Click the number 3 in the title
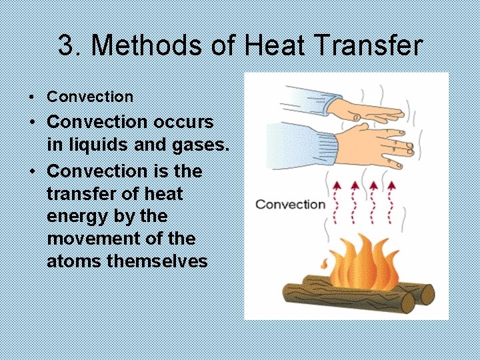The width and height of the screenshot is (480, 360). click(65, 46)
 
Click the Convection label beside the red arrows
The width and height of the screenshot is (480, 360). click(290, 204)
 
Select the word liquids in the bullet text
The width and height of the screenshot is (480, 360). click(87, 145)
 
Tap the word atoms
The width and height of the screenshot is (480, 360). click(74, 261)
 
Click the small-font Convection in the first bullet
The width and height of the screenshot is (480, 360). click(90, 97)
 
